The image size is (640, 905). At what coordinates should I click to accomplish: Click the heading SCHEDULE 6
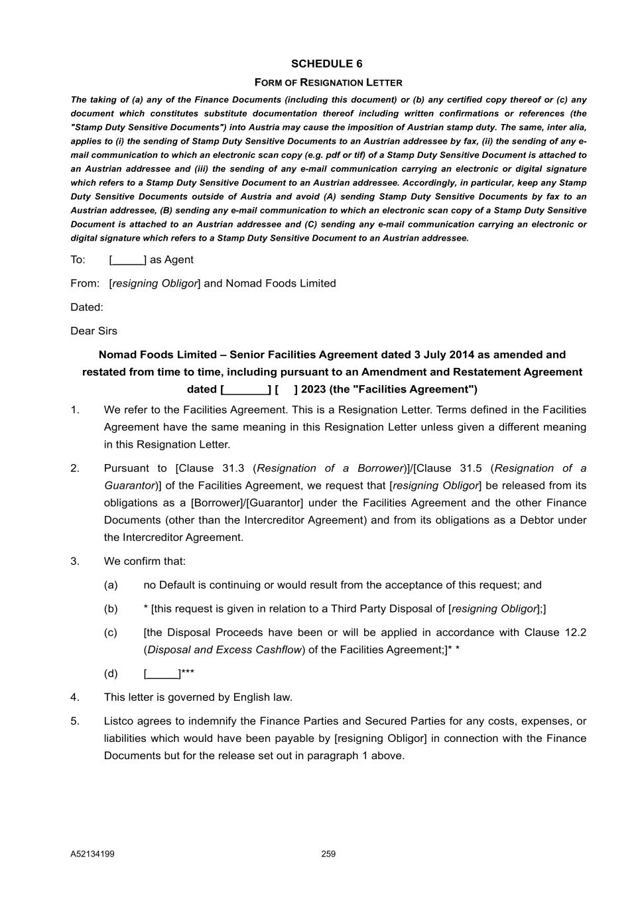(x=327, y=64)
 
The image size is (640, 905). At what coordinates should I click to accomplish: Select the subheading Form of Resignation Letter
(x=328, y=82)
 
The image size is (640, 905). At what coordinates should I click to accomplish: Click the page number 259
(x=328, y=854)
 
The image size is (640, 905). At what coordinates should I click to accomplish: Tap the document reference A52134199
(x=92, y=854)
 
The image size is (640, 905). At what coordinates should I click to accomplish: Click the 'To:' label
(x=78, y=259)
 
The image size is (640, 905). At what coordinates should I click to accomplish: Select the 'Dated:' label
(x=87, y=307)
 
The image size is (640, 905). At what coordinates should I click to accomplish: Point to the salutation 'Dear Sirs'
(x=94, y=331)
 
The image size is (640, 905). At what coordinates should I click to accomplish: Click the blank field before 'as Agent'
(x=128, y=259)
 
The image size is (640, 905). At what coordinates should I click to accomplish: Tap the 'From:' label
(x=85, y=283)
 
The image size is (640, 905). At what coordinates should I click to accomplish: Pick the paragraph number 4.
(x=75, y=697)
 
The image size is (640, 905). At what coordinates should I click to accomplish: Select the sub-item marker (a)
(x=111, y=585)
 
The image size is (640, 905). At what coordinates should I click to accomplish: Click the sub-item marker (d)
(x=111, y=674)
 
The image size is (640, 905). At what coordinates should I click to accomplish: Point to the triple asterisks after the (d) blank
(x=188, y=672)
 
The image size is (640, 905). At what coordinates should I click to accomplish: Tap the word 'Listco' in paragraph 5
(x=119, y=721)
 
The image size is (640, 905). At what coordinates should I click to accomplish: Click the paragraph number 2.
(x=75, y=468)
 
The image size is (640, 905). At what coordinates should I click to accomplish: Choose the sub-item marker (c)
(x=111, y=633)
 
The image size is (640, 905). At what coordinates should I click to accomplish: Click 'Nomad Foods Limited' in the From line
(x=281, y=283)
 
